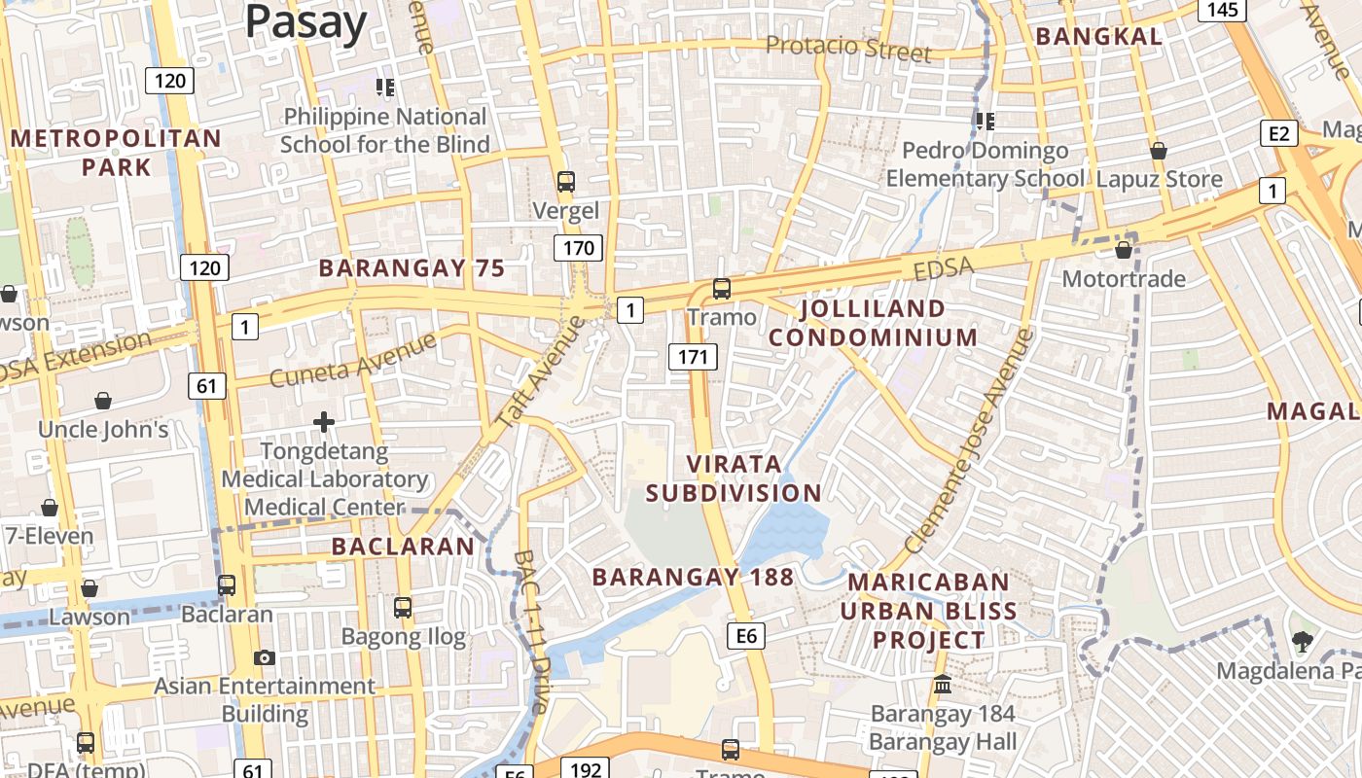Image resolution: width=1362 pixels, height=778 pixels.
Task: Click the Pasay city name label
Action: tap(305, 21)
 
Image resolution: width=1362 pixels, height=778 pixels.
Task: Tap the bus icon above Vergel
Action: tap(565, 182)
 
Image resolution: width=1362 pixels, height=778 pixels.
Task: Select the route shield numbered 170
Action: tap(578, 248)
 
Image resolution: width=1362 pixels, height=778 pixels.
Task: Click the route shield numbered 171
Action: tap(692, 357)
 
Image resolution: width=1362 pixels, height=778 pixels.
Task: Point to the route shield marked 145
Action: tap(1222, 10)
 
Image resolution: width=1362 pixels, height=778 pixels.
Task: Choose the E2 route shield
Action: tap(1277, 133)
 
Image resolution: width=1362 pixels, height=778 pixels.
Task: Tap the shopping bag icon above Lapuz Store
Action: tap(1158, 151)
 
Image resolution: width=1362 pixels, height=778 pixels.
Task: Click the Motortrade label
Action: tap(1124, 279)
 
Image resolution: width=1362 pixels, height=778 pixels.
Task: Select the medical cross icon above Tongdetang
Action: tap(324, 422)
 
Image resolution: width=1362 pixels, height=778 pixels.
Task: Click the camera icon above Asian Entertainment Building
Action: tap(264, 657)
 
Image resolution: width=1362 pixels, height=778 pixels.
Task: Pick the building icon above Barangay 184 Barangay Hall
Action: tap(942, 685)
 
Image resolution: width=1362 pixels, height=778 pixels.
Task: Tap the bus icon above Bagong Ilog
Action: tap(403, 608)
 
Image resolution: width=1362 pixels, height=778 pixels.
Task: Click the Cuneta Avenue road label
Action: tap(353, 360)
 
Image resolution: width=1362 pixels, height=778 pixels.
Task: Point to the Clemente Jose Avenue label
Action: tap(969, 441)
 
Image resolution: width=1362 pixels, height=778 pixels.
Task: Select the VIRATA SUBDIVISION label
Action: tap(734, 477)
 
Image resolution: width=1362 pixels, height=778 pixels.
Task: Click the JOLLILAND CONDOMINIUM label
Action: tap(873, 323)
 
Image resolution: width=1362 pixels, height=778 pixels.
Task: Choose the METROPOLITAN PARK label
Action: tap(116, 153)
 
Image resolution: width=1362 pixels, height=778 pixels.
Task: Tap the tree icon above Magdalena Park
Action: tap(1301, 641)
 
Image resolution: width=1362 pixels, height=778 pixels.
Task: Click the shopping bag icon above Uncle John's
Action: tap(102, 401)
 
